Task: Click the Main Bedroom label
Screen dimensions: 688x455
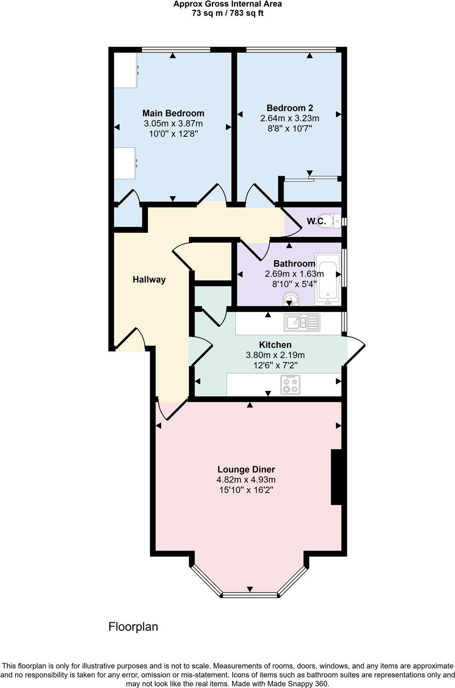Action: pyautogui.click(x=173, y=113)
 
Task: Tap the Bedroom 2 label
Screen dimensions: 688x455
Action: pyautogui.click(x=290, y=108)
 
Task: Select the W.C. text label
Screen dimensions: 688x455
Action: pyautogui.click(x=316, y=221)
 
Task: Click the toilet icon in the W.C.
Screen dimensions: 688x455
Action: pyautogui.click(x=329, y=221)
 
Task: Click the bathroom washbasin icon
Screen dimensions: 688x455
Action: pyautogui.click(x=290, y=299)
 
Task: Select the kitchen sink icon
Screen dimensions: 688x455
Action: pyautogui.click(x=302, y=322)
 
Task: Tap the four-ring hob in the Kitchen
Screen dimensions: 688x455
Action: pyautogui.click(x=290, y=384)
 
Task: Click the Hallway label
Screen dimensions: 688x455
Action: pyautogui.click(x=149, y=279)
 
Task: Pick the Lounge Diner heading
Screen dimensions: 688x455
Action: pyautogui.click(x=246, y=469)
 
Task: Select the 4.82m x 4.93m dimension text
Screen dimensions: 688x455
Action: pyautogui.click(x=246, y=480)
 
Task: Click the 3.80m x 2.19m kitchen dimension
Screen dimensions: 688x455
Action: pyautogui.click(x=275, y=355)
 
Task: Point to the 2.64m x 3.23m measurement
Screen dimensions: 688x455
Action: pyautogui.click(x=290, y=118)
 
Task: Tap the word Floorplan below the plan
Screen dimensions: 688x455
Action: pyautogui.click(x=133, y=627)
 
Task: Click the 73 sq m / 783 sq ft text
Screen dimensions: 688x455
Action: pyautogui.click(x=227, y=13)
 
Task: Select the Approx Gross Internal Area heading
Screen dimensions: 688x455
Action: pyautogui.click(x=227, y=4)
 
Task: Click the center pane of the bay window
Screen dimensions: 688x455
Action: pyautogui.click(x=250, y=594)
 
